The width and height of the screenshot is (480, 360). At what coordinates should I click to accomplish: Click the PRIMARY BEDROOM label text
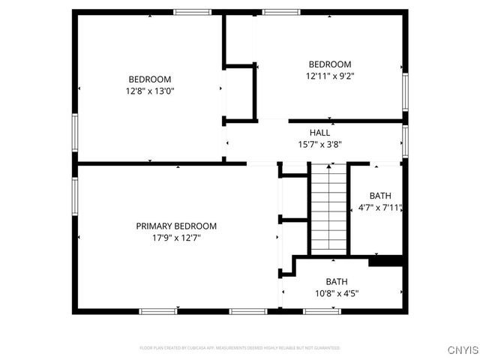176,226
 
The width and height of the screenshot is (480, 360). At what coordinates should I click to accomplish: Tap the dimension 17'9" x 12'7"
176,237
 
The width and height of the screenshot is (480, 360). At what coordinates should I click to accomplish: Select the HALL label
319,133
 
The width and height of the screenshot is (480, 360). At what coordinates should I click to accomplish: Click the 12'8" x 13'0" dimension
150,91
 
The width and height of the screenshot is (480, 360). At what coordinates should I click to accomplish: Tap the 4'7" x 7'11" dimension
380,208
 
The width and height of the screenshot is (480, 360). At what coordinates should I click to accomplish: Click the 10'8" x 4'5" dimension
337,293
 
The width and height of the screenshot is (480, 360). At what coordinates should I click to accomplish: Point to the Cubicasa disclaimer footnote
240,348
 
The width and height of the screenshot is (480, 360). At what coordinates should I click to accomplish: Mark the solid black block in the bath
386,261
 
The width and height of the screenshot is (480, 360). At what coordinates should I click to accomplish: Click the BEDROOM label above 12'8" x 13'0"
150,79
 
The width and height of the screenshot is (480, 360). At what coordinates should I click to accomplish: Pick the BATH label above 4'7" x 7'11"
380,196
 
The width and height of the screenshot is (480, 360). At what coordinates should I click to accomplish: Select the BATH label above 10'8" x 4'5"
337,282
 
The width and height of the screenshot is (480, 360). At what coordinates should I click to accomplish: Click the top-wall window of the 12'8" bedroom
193,11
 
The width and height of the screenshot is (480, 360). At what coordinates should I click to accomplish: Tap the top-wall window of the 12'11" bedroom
281,11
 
